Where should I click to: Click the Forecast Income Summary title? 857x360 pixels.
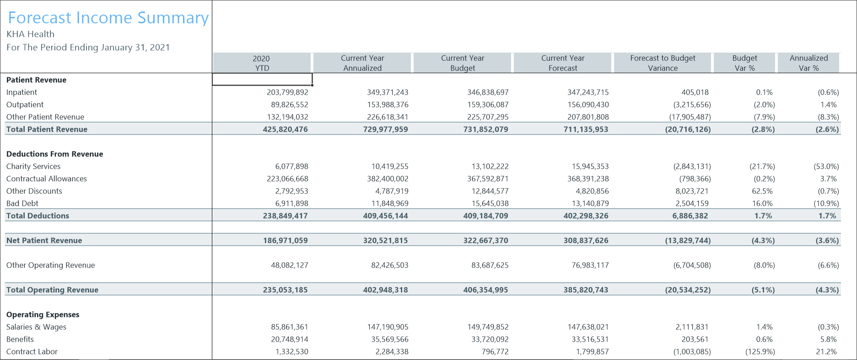click(x=108, y=18)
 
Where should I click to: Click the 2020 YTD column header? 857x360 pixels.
click(x=261, y=63)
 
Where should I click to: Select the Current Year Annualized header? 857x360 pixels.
click(x=362, y=63)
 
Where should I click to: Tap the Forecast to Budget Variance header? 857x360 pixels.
click(x=663, y=63)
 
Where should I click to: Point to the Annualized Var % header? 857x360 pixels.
click(x=808, y=63)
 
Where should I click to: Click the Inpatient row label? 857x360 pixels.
click(x=22, y=92)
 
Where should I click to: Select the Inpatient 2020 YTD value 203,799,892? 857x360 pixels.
click(x=287, y=92)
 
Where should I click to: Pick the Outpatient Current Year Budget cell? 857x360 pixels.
click(x=487, y=105)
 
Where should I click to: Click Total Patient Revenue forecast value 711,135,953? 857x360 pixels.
click(x=586, y=129)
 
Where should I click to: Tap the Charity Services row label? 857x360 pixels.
click(x=33, y=167)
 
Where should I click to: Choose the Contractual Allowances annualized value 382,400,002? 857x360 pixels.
click(x=387, y=179)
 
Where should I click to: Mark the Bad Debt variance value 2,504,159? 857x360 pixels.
click(x=692, y=204)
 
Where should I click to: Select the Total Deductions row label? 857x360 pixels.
click(x=38, y=216)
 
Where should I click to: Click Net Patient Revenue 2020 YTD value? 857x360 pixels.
click(x=285, y=241)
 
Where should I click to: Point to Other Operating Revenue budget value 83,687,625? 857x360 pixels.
click(x=490, y=265)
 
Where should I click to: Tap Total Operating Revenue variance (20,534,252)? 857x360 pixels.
click(x=688, y=290)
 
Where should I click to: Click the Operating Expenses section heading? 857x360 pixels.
click(x=43, y=315)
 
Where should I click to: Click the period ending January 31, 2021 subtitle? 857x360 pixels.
click(x=88, y=48)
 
